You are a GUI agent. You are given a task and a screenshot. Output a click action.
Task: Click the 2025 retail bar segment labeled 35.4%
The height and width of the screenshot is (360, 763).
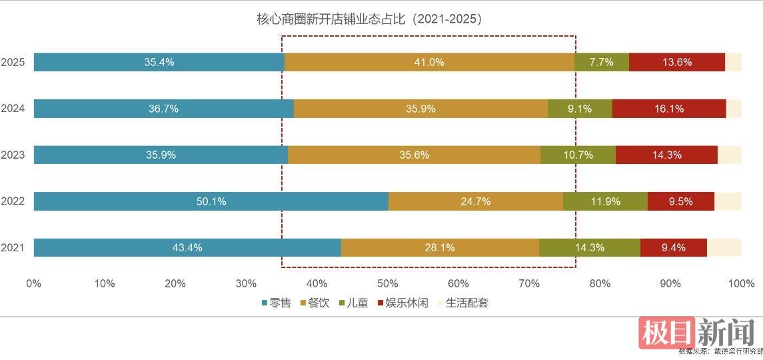point(159,62)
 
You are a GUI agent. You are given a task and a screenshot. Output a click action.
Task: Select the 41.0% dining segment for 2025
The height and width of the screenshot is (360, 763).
point(429,62)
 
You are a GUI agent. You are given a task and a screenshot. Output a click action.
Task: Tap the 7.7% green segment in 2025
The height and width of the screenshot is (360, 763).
point(602,62)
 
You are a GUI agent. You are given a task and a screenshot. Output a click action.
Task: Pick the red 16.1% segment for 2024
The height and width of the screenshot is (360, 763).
point(669,109)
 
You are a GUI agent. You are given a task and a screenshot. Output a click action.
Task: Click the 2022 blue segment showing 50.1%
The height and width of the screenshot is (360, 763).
point(211,201)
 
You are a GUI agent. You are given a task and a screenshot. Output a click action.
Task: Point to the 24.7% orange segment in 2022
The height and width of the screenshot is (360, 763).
point(475,201)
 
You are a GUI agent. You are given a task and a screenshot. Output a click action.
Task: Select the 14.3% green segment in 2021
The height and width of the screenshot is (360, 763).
point(589,247)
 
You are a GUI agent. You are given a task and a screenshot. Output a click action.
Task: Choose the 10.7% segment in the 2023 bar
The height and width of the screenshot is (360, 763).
point(578,155)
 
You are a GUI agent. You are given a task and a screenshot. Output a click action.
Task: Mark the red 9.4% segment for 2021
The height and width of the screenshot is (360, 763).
point(673,247)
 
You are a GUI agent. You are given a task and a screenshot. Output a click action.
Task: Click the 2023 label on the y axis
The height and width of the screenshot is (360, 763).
point(13,155)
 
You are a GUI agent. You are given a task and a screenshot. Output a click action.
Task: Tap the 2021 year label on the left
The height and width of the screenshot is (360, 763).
point(13,248)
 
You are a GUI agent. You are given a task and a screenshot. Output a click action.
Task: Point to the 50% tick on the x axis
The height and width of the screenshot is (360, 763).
point(387,283)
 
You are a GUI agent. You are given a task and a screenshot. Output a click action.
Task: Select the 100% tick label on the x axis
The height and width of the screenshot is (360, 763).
point(741,283)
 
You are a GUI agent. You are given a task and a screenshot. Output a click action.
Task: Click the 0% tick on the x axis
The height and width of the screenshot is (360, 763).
point(34,283)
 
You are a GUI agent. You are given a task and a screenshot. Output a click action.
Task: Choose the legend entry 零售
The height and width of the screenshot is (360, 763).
point(276,303)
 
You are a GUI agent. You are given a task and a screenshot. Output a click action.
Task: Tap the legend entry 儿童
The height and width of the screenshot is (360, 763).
point(354,303)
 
